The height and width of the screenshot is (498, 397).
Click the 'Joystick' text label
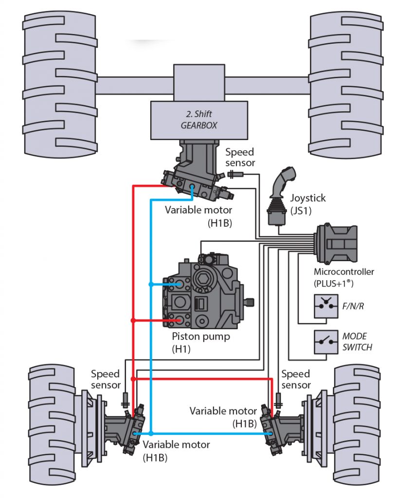click(308, 198)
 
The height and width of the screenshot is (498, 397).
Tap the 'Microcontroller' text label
click(344, 272)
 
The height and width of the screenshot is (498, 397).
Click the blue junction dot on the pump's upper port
click(151, 284)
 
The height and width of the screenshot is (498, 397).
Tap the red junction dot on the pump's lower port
click(132, 320)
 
